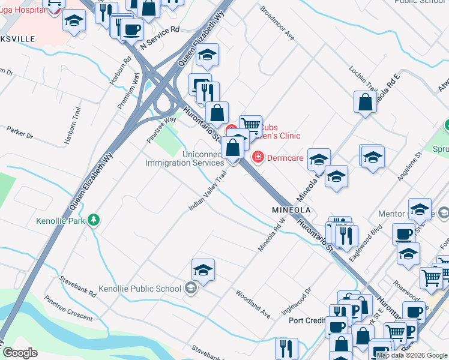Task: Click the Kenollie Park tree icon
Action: (93, 220)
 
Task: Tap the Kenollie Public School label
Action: (139, 289)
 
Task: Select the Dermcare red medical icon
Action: (258, 157)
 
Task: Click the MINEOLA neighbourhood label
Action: (291, 211)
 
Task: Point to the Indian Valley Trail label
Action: (208, 190)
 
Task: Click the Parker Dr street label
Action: (20, 132)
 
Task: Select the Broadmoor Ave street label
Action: (277, 23)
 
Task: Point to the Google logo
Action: (20, 353)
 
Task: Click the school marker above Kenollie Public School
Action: (203, 271)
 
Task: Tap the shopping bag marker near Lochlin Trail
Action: (366, 103)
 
